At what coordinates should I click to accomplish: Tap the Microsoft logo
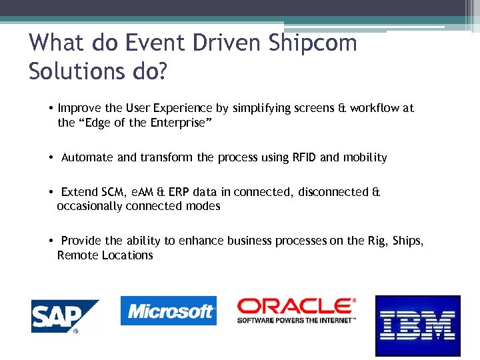(168, 311)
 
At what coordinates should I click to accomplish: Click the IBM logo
(417, 326)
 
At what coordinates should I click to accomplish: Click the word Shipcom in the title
(313, 43)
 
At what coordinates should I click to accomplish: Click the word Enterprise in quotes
(180, 123)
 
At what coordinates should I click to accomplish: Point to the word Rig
(376, 241)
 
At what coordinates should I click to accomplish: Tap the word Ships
(407, 241)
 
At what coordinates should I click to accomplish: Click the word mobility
(365, 157)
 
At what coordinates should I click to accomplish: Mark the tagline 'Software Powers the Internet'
(297, 320)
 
